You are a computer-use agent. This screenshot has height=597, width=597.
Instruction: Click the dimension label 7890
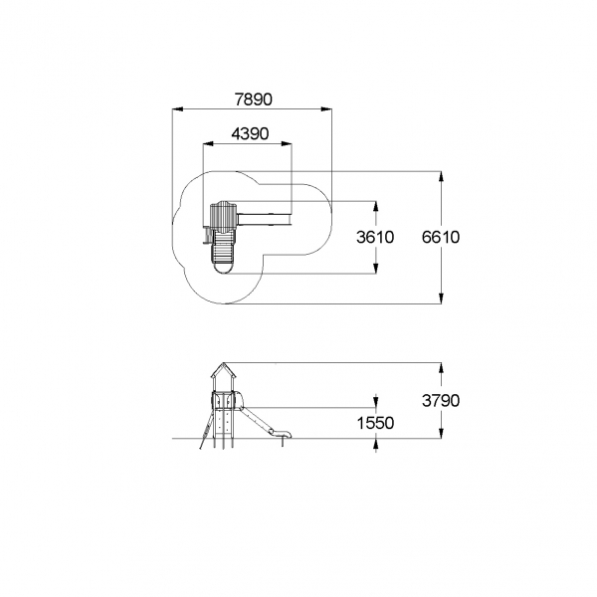click(x=253, y=99)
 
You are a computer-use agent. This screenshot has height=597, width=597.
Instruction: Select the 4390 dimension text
click(x=250, y=133)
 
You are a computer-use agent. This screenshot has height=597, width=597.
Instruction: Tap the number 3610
click(x=375, y=237)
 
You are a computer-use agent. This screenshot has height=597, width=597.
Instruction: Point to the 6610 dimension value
click(x=441, y=237)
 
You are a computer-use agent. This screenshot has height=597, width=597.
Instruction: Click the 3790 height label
click(x=441, y=401)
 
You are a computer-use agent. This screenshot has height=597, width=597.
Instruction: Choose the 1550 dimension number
click(x=375, y=423)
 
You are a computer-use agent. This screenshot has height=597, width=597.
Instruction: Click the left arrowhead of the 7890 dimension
click(x=178, y=109)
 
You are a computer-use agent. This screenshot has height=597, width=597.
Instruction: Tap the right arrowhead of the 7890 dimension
click(x=326, y=109)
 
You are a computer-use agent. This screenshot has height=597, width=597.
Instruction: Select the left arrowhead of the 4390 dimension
click(x=208, y=144)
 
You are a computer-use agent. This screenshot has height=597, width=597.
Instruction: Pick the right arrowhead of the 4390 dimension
click(x=287, y=144)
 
